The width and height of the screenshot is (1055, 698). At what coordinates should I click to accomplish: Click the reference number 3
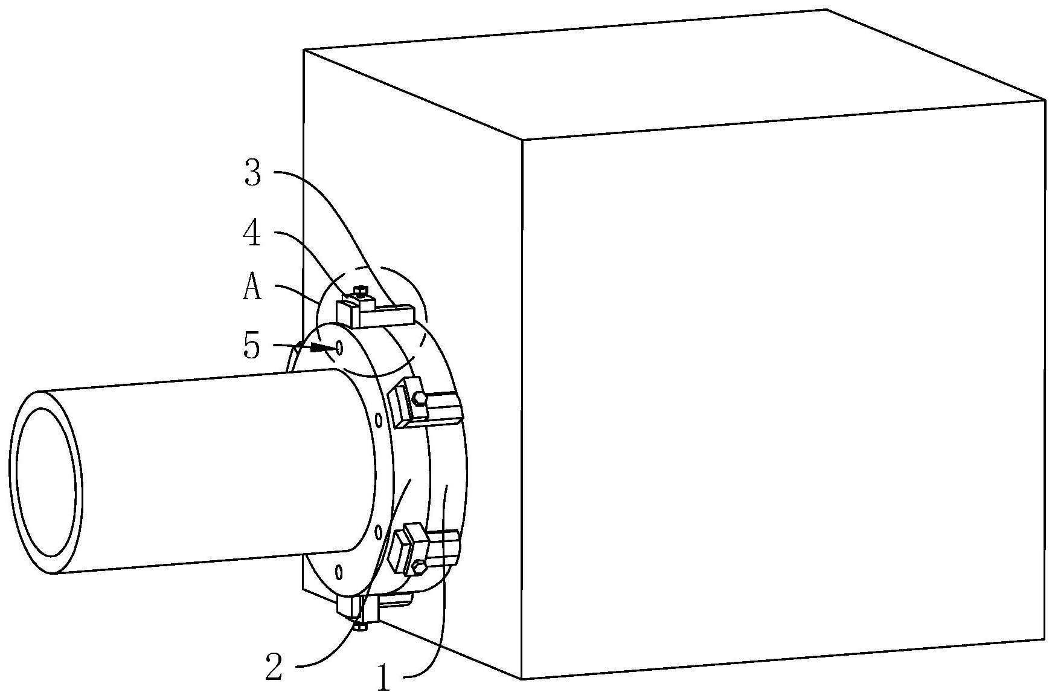[252, 173]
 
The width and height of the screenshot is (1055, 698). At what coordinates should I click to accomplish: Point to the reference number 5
[251, 346]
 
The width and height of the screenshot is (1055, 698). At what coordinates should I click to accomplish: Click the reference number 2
[274, 668]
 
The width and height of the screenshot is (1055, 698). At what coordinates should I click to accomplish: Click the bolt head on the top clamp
[361, 292]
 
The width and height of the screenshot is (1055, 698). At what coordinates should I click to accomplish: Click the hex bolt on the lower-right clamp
[418, 567]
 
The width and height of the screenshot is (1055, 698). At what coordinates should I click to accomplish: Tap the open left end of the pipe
[46, 482]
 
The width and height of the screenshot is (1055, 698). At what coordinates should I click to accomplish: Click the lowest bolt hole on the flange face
[339, 571]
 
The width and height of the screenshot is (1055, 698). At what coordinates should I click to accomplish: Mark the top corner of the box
[826, 10]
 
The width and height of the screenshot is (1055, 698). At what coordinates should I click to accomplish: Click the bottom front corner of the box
[522, 679]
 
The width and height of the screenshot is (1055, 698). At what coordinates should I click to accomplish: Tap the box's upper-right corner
[1045, 100]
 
